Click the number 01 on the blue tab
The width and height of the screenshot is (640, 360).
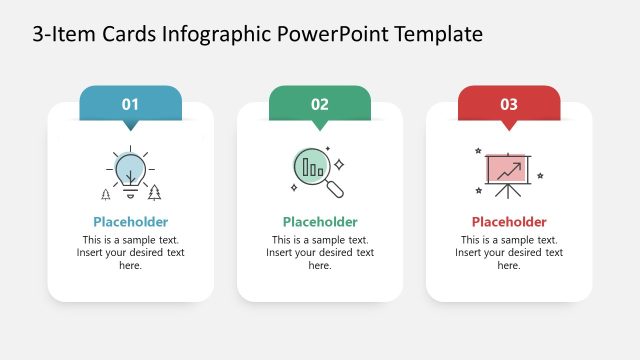click(x=130, y=103)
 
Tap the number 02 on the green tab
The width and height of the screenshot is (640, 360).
click(x=320, y=103)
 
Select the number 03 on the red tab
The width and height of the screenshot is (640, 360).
click(x=509, y=103)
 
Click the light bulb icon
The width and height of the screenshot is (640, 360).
click(x=130, y=171)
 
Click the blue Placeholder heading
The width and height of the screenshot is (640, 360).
click(x=130, y=222)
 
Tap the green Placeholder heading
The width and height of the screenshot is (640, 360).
click(x=320, y=222)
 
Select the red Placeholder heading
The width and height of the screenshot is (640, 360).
click(x=509, y=222)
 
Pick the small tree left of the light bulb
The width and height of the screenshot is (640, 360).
click(x=106, y=194)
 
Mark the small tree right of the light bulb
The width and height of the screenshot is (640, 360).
click(x=154, y=193)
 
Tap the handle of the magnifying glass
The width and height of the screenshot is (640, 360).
click(x=336, y=188)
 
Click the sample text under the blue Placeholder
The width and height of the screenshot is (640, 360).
click(x=130, y=253)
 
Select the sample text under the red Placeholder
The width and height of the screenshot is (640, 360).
click(x=509, y=253)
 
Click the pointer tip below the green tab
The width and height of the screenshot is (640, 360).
click(x=320, y=126)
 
